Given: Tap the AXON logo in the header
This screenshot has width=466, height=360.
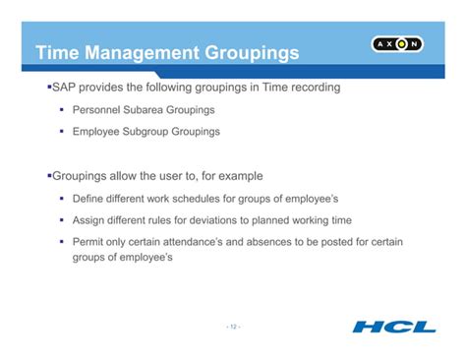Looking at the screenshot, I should (397, 44).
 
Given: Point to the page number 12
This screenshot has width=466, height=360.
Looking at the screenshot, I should (232, 326).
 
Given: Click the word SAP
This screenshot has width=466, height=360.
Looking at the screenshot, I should (67, 88).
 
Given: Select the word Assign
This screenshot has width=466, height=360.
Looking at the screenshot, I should (91, 220).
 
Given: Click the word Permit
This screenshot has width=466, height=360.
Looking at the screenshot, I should (90, 242).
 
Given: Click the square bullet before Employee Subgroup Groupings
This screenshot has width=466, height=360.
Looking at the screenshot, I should (62, 131).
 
